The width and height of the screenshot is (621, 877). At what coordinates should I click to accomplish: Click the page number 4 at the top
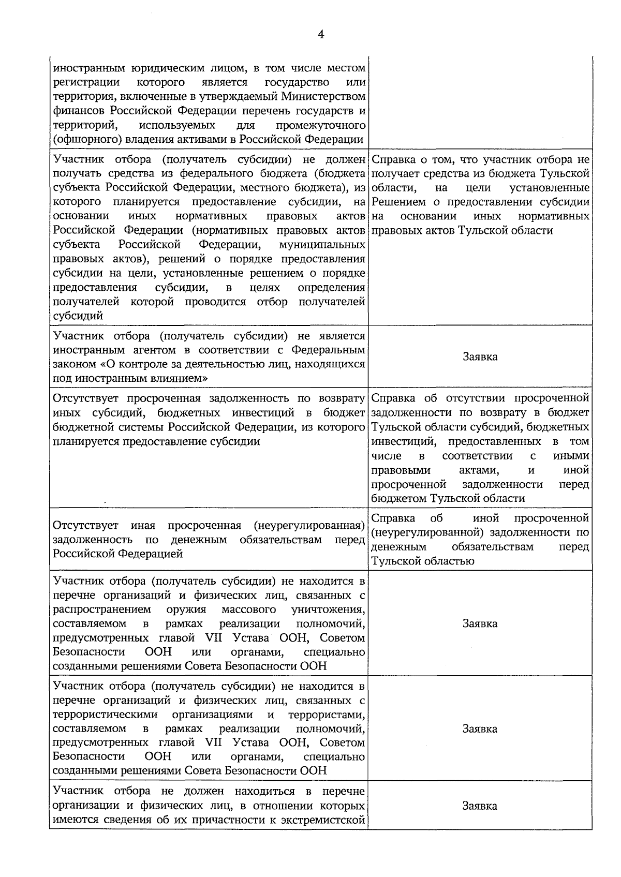(x=320, y=35)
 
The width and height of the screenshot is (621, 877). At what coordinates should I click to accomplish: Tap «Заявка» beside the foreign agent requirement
(x=480, y=356)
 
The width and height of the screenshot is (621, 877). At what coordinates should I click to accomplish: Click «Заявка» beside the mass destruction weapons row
(x=480, y=623)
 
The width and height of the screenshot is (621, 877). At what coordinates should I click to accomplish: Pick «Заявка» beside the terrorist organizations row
(x=480, y=729)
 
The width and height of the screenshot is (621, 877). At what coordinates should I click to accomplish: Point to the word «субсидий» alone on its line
(x=78, y=316)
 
